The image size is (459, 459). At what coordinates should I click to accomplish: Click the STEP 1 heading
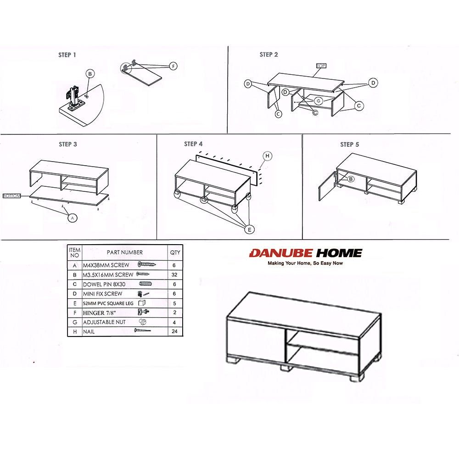coord(67,55)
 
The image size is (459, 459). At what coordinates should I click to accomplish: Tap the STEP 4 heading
coord(193,144)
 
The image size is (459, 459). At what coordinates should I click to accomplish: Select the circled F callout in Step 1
coord(173,66)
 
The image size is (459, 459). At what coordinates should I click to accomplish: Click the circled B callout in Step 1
coord(90,74)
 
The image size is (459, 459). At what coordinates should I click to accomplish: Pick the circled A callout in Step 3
coord(72,218)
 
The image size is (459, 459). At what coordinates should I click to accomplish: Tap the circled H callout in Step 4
coord(268,156)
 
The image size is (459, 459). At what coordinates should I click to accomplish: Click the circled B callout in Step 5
coord(351,179)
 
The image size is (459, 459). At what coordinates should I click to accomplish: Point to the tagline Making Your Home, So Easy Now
coord(305,263)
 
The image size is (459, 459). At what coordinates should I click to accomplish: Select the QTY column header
coord(175,252)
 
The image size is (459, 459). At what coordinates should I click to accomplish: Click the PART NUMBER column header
coord(124,252)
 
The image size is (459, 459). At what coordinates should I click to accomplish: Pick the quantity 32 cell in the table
coord(175,274)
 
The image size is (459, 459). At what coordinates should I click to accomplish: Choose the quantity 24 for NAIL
coord(175,331)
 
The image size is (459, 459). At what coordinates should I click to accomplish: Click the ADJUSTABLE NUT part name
coord(104,322)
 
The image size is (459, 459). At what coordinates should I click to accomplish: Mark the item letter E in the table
coord(74,303)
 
